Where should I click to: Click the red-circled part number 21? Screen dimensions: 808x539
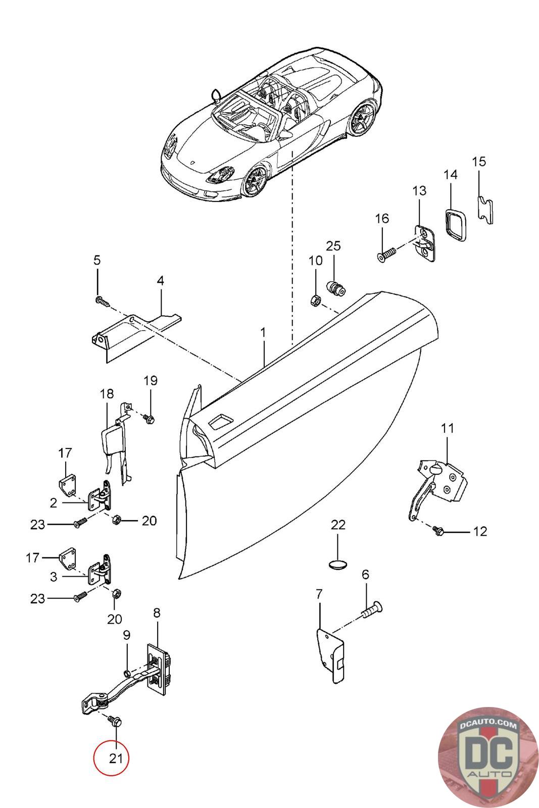[x=116, y=757]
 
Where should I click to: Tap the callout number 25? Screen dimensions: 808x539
[x=333, y=246]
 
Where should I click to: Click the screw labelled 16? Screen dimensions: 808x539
[x=386, y=255]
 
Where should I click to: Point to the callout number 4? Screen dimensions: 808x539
[x=160, y=281]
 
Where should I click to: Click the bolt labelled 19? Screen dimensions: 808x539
[x=150, y=419]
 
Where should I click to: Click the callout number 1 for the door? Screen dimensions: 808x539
[x=263, y=333]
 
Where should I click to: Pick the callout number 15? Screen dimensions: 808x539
[x=479, y=162]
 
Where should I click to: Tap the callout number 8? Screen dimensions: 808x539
[x=157, y=613]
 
